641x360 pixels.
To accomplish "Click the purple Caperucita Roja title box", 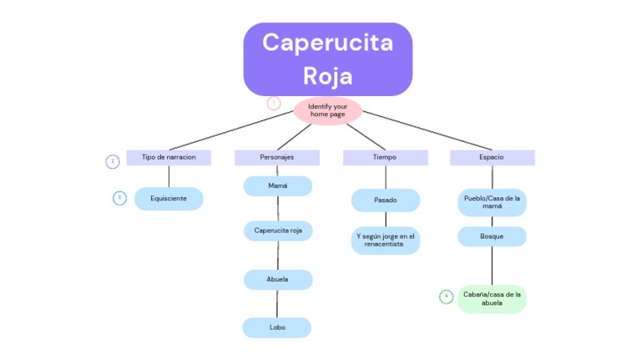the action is (x=328, y=59).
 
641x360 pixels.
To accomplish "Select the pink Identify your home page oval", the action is (x=328, y=111).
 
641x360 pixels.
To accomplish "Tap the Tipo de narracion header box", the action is (x=169, y=158).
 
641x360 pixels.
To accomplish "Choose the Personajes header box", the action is (x=277, y=158).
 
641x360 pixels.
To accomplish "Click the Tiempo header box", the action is (x=386, y=158).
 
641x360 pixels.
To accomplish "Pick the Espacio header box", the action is (x=492, y=158).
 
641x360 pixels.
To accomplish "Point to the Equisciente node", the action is (x=169, y=199).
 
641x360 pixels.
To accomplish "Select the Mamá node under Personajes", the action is (x=278, y=186).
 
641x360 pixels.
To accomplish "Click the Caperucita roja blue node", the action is (x=279, y=231).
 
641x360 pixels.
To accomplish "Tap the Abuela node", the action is (x=279, y=280).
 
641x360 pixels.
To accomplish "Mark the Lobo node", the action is (x=277, y=327).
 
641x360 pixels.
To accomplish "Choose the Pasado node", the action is (x=386, y=200).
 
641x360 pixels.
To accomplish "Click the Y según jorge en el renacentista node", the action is (x=386, y=241).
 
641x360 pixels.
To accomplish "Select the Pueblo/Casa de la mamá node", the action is (x=492, y=202).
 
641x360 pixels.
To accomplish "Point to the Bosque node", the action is (x=492, y=236).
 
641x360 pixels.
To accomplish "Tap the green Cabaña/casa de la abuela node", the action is (x=492, y=299).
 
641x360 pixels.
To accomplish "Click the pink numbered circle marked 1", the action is (x=274, y=103).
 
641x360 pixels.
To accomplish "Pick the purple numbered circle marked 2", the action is (x=113, y=161).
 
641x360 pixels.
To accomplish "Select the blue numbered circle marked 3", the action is (x=119, y=198).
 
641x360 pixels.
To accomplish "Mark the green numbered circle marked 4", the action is (x=446, y=297).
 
